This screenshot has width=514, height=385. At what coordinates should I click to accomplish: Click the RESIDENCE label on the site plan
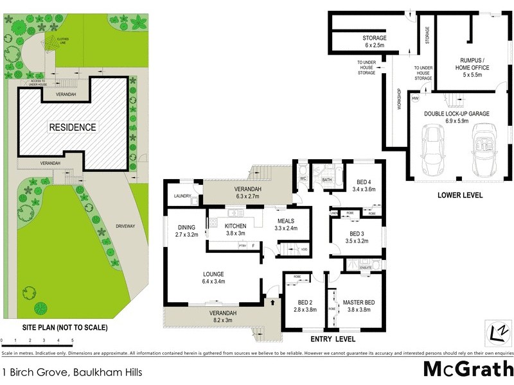tap(73, 127)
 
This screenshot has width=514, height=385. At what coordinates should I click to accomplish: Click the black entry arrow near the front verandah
tap(272, 302)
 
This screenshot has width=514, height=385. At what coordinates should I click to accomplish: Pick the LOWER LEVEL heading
tap(459, 195)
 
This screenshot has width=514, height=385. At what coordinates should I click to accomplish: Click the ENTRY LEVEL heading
tap(332, 339)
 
